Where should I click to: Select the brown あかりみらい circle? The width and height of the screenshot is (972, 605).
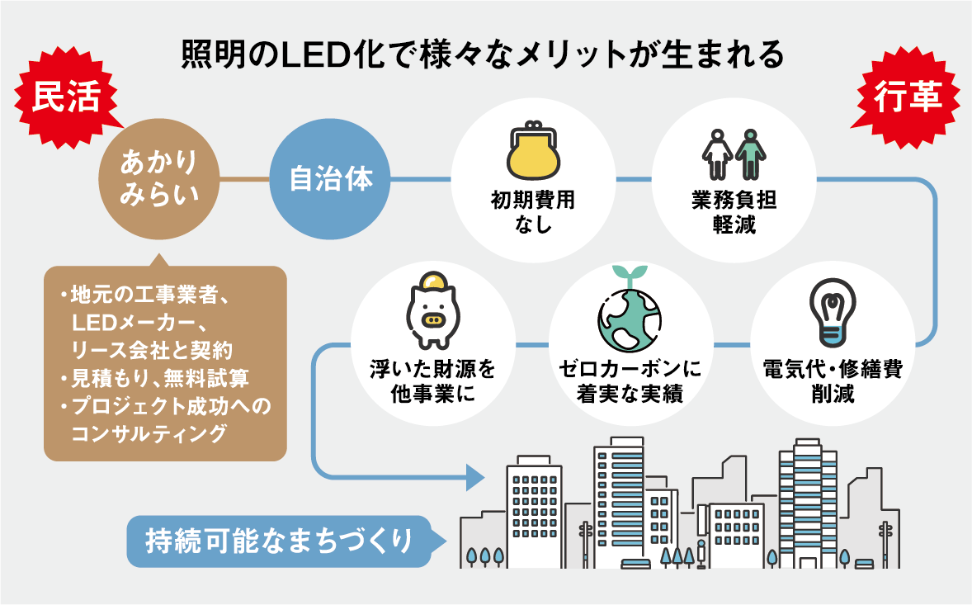click(x=158, y=177)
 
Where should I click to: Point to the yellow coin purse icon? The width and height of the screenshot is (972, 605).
click(x=533, y=152)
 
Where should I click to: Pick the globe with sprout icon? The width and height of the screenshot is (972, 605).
click(x=630, y=318)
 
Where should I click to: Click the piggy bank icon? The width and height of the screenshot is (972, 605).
click(x=432, y=314)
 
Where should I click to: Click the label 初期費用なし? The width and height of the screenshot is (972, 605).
click(x=533, y=211)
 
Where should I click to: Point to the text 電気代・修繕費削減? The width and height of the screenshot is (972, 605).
click(x=832, y=380)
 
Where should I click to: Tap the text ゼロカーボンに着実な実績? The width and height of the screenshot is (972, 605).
click(x=631, y=380)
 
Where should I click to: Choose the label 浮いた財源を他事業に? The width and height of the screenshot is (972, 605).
click(x=432, y=380)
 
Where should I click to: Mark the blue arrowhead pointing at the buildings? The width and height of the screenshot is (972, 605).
click(x=474, y=477)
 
